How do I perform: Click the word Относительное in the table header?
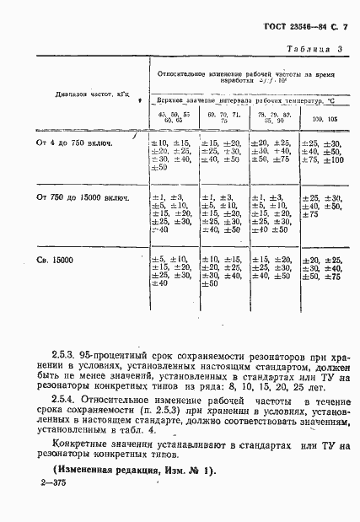pos(184,74)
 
